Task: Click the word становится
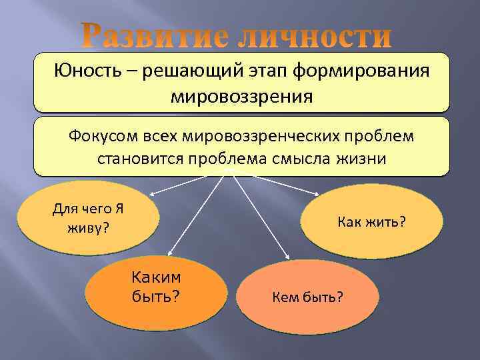(140, 160)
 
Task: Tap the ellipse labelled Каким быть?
(156, 286)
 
